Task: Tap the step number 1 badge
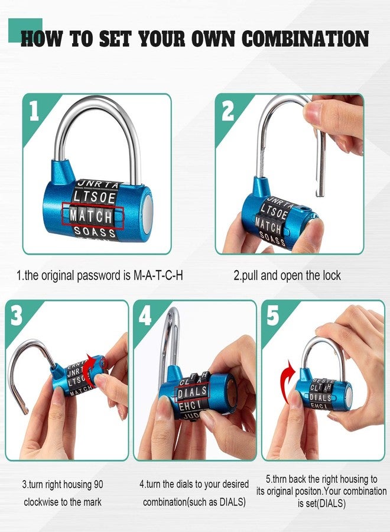click(x=34, y=111)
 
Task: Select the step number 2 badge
click(x=227, y=111)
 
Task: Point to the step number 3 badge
click(x=17, y=317)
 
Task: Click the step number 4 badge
click(x=145, y=317)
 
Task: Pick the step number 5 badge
click(x=273, y=317)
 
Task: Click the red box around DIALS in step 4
click(x=193, y=391)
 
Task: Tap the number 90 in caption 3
click(x=97, y=485)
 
